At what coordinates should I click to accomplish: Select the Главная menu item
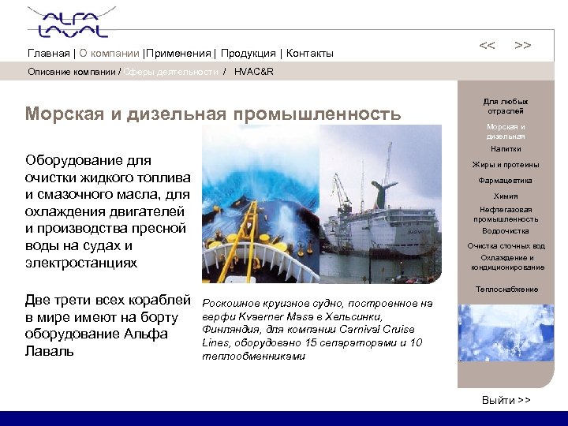click(x=48, y=54)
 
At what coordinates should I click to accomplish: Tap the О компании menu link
click(x=109, y=54)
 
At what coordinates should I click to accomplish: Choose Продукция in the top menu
click(x=248, y=54)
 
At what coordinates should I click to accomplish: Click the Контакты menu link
click(x=310, y=54)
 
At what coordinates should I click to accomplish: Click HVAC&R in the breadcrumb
click(x=254, y=72)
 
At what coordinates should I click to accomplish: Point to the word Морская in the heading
click(x=65, y=114)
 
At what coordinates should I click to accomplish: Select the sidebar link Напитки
click(x=506, y=149)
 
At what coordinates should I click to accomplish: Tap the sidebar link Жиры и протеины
click(x=506, y=165)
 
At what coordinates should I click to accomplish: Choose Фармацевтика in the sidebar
click(x=506, y=181)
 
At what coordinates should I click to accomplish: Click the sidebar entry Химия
click(x=506, y=196)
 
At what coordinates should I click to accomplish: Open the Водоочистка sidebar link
click(x=506, y=231)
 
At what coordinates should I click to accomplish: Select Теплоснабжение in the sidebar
click(x=506, y=290)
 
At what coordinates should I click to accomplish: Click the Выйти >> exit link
click(x=506, y=401)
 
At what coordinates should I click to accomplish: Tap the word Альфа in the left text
click(x=145, y=334)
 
